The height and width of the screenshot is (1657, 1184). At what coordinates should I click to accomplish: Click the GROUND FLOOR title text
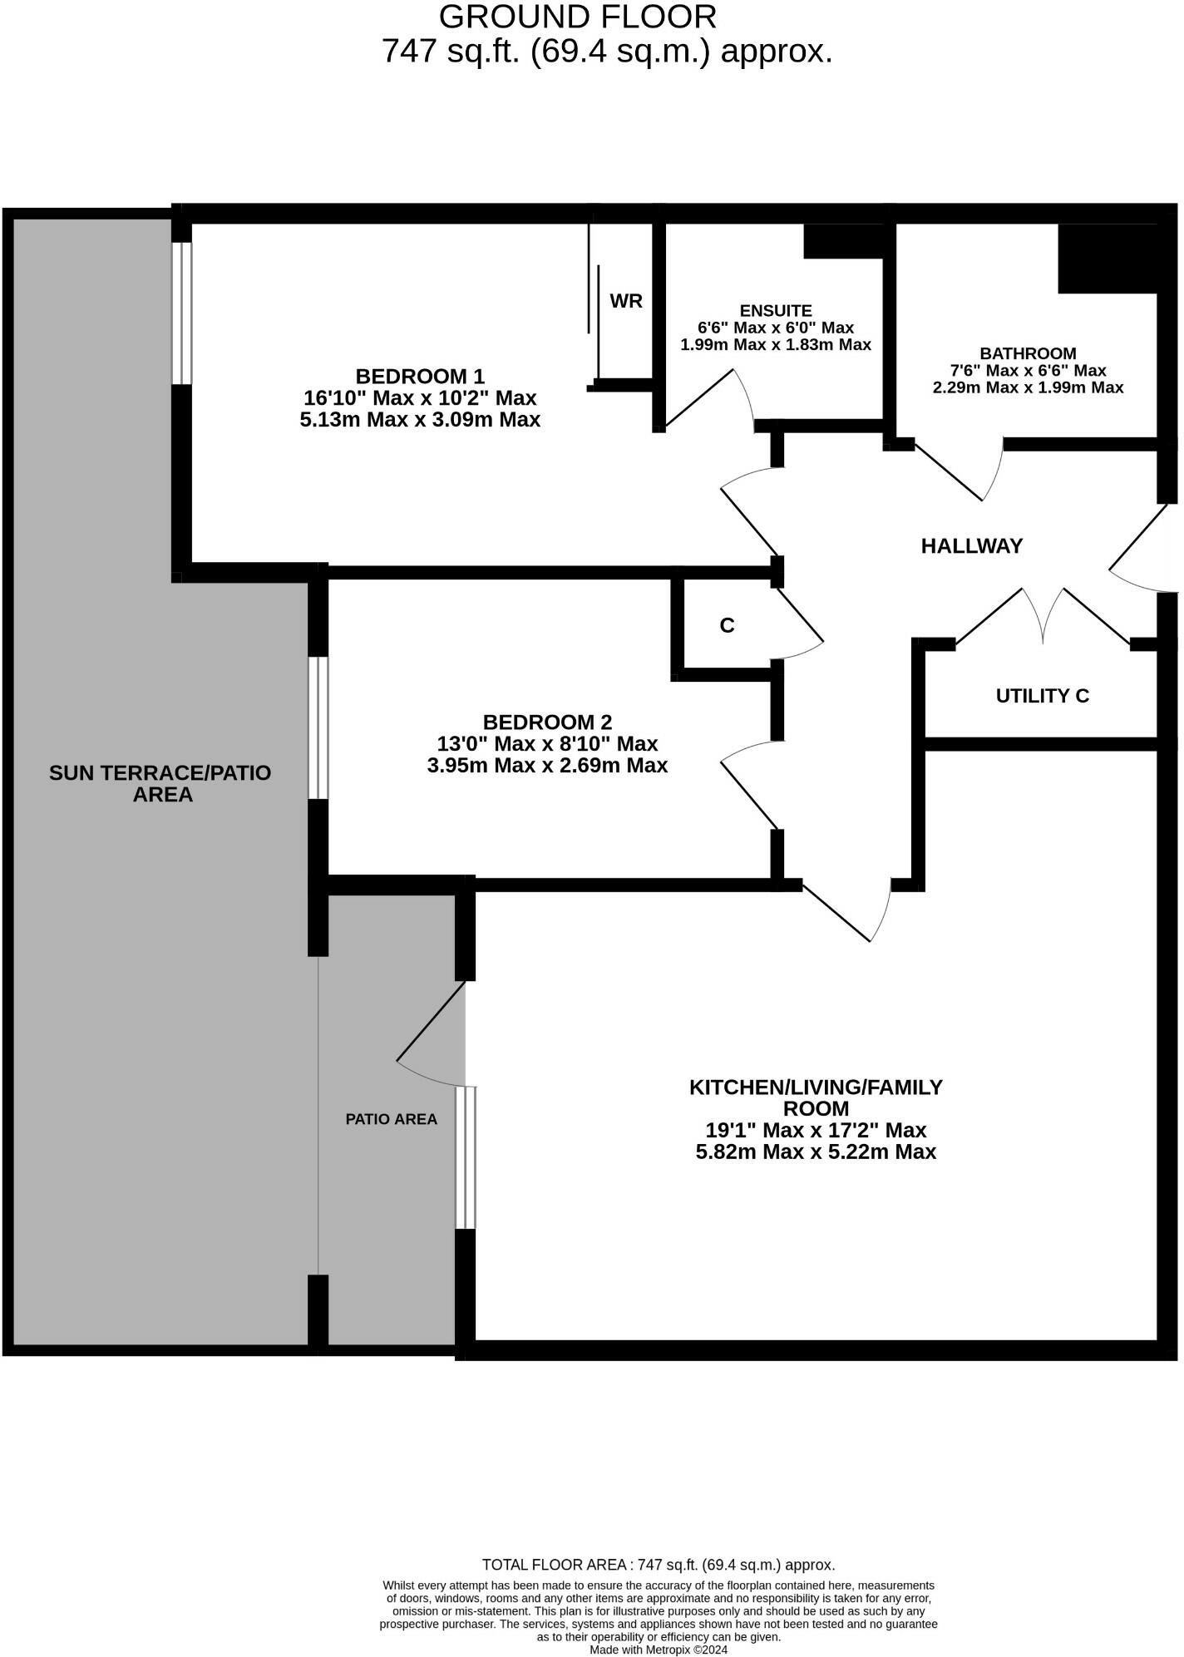(577, 17)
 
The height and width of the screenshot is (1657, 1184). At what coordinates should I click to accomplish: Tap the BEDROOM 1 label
(420, 376)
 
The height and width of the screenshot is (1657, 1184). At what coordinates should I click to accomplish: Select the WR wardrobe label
(625, 301)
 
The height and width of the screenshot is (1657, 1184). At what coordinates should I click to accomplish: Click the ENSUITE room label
(775, 311)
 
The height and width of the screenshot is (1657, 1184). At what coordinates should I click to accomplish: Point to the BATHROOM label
(1028, 353)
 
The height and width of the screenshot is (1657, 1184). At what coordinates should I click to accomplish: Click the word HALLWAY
(971, 546)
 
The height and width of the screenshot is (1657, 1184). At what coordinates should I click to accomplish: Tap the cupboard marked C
(727, 625)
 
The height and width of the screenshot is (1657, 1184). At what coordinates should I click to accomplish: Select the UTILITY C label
(1042, 696)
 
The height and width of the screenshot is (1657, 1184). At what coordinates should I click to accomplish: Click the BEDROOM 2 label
(547, 722)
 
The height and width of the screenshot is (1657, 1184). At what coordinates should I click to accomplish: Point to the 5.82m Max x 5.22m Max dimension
(816, 1152)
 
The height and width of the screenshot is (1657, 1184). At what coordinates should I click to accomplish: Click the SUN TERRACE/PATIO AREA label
(160, 783)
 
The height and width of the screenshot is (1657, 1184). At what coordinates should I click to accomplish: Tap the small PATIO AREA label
(391, 1119)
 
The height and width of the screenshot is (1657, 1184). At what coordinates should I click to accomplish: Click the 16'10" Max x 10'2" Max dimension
(420, 398)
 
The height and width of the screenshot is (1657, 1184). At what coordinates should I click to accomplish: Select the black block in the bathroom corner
(1107, 258)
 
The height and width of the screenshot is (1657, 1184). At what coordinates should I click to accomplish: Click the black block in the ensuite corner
(842, 240)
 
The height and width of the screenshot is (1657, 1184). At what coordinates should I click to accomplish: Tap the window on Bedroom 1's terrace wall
(181, 313)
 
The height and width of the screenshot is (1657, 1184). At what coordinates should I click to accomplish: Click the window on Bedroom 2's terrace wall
(318, 728)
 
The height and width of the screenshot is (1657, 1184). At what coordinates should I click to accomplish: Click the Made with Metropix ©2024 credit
(659, 1650)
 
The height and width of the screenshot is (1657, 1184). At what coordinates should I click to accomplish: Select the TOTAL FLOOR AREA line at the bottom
(659, 1565)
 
